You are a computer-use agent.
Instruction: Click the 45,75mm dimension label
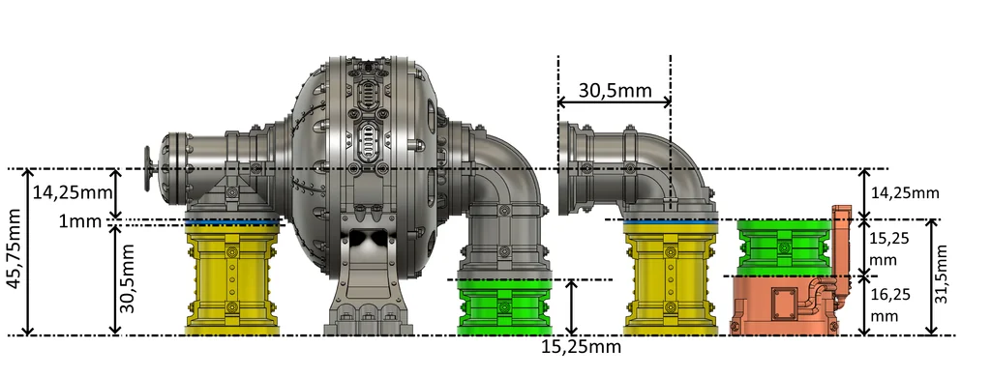(13, 253)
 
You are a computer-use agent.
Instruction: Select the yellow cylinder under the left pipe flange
(232, 280)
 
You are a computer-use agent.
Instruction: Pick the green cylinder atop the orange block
(783, 247)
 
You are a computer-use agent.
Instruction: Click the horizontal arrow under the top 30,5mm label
(614, 102)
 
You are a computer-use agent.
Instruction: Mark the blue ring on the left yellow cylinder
(232, 223)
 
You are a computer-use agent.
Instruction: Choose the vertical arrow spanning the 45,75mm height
(29, 252)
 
